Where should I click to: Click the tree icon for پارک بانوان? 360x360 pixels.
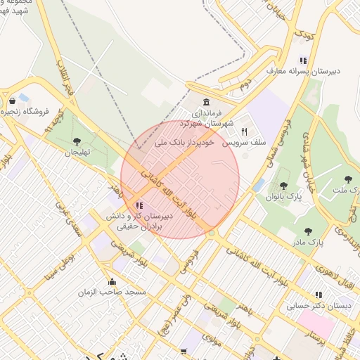[x=283, y=186]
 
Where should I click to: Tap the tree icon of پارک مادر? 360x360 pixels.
[x=307, y=231]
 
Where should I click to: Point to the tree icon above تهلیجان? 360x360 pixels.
[x=77, y=142]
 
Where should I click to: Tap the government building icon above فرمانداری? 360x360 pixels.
[x=206, y=103]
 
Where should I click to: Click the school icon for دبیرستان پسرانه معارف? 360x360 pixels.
[x=303, y=60]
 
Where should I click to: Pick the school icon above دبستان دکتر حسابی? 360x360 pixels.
[x=319, y=295]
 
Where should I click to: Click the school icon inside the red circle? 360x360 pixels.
[x=139, y=206]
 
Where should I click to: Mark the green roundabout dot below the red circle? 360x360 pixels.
[x=211, y=233]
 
